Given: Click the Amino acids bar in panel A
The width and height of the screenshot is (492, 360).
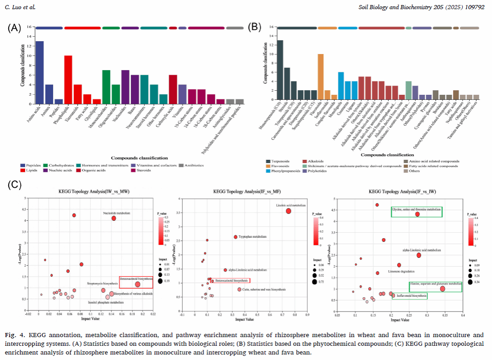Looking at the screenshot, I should tap(40, 72).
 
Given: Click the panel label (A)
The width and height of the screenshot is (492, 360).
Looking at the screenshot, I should tap(14, 28).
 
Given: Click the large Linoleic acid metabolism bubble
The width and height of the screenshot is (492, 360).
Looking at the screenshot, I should tap(289, 211).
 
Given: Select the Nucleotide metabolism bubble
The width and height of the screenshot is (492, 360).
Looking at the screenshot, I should tap(114, 218).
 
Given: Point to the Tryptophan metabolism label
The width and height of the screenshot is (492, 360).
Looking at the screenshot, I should tap(252, 237).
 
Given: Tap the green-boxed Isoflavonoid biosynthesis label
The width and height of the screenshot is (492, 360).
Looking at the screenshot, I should tap(410, 296).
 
